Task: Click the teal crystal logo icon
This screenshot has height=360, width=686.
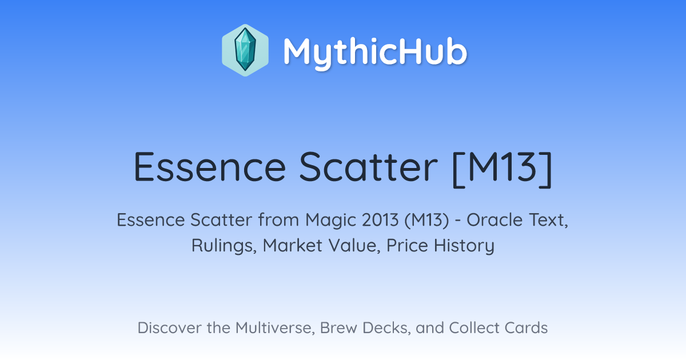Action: [245, 50]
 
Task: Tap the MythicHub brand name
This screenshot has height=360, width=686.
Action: [375, 53]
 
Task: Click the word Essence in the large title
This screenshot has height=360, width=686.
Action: [210, 167]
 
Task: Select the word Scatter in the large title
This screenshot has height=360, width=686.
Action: [368, 167]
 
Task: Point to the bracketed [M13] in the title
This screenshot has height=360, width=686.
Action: [502, 169]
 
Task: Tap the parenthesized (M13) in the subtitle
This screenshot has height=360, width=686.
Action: [426, 221]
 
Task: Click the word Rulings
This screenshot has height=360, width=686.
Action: [224, 246]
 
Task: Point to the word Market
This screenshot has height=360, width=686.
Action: [293, 246]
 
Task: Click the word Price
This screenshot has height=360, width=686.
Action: [407, 246]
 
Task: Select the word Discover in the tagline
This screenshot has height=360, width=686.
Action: [170, 328]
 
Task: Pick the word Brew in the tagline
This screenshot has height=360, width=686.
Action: [338, 328]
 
